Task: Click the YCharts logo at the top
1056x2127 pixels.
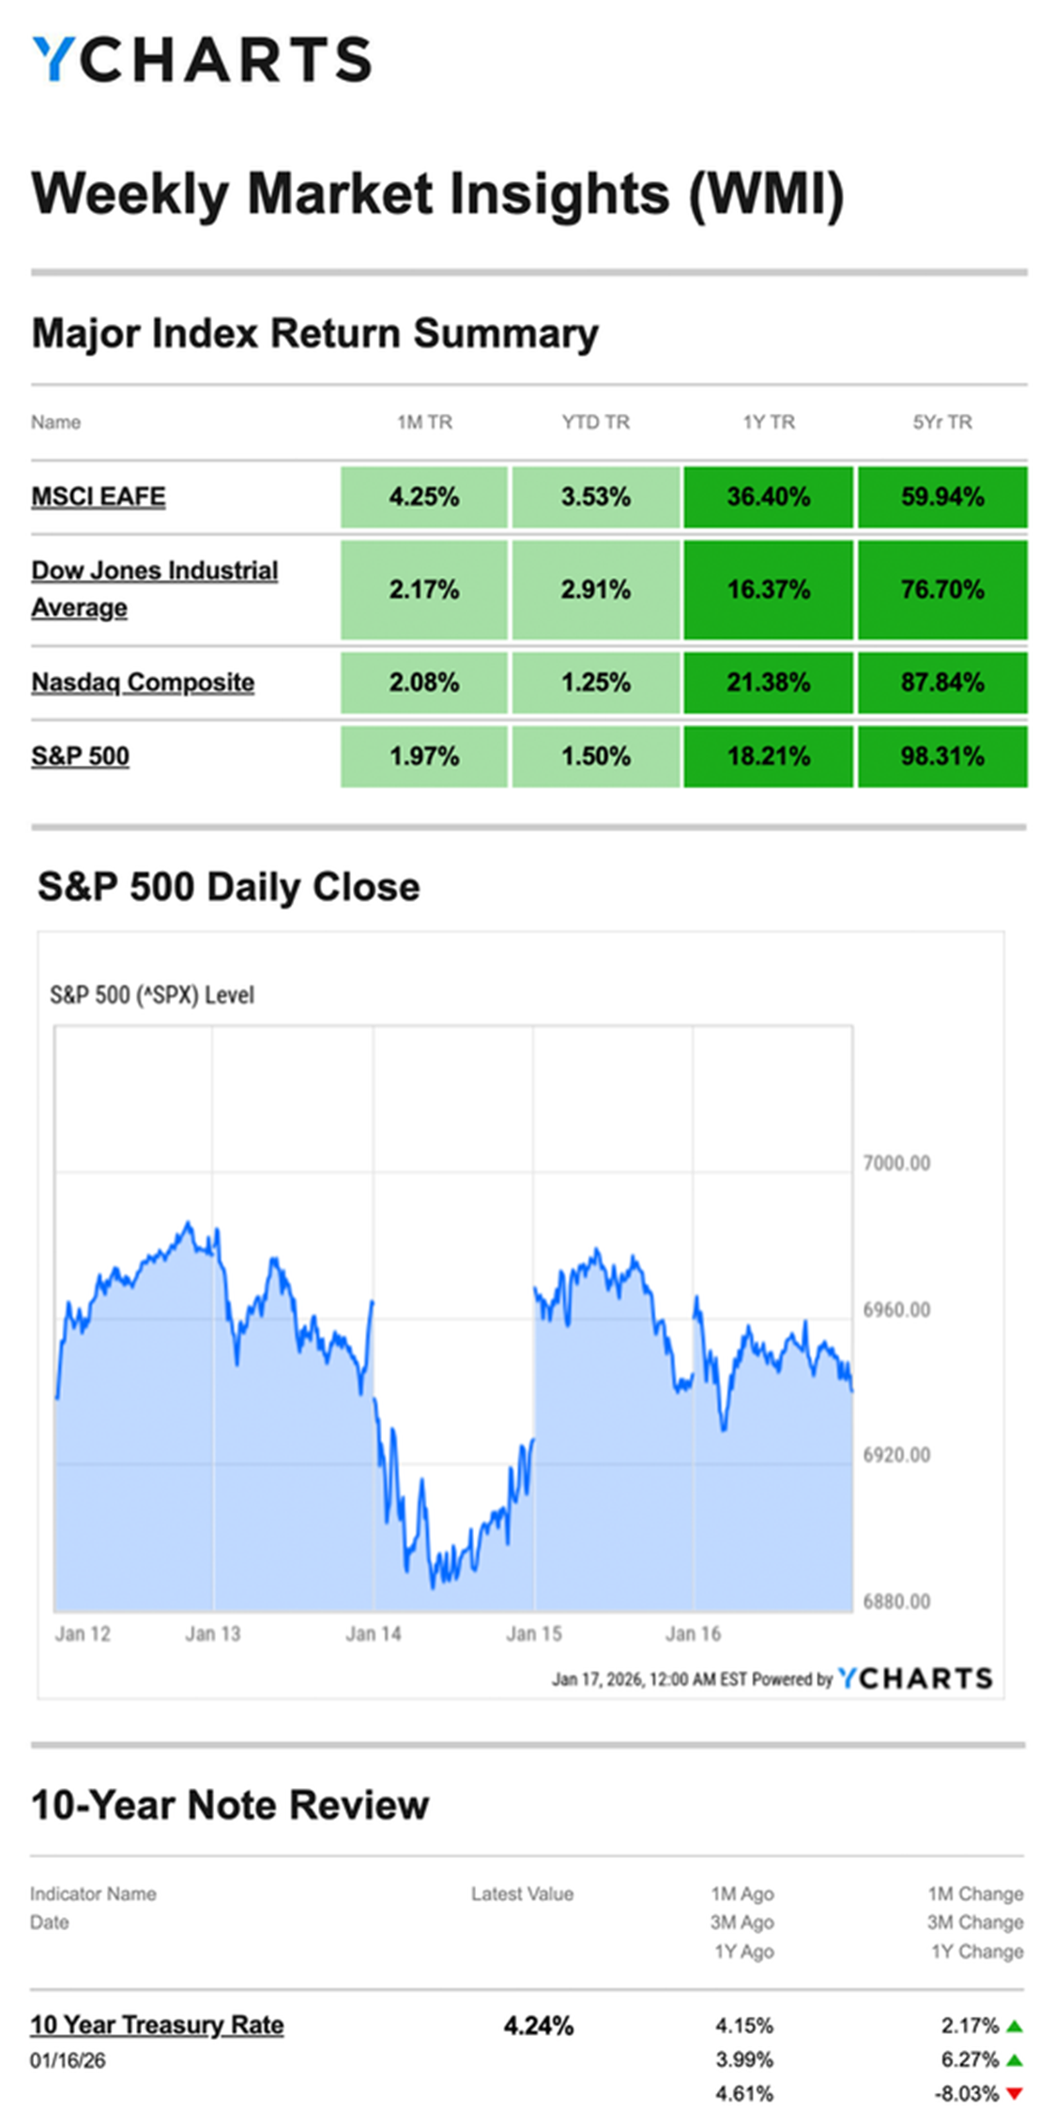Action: pos(202,59)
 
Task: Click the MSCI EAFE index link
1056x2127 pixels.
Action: pos(99,497)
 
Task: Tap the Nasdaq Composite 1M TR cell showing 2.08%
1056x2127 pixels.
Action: pos(424,682)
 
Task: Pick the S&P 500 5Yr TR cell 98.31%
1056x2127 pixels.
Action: pos(941,757)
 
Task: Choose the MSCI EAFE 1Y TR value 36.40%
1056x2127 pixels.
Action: pos(768,497)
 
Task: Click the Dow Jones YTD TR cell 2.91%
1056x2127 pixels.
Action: pos(595,589)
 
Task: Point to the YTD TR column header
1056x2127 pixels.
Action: pos(595,422)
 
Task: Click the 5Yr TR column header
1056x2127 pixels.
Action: pos(941,422)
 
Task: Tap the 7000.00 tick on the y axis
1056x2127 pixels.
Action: pos(896,1163)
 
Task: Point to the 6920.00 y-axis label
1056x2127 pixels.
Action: pos(896,1455)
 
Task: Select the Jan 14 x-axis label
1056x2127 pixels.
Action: pos(373,1634)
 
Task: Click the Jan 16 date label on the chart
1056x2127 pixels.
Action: pos(693,1634)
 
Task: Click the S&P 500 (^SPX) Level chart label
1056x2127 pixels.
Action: pos(152,995)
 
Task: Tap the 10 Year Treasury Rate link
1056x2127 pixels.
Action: pos(157,2025)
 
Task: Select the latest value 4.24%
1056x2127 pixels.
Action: pos(538,2026)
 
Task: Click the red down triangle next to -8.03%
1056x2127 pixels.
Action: pos(1014,2093)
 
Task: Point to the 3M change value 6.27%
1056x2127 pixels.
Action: pos(970,2059)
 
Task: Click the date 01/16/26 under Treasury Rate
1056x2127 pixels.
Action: pos(68,2061)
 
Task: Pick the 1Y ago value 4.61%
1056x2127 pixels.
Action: pos(743,2093)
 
